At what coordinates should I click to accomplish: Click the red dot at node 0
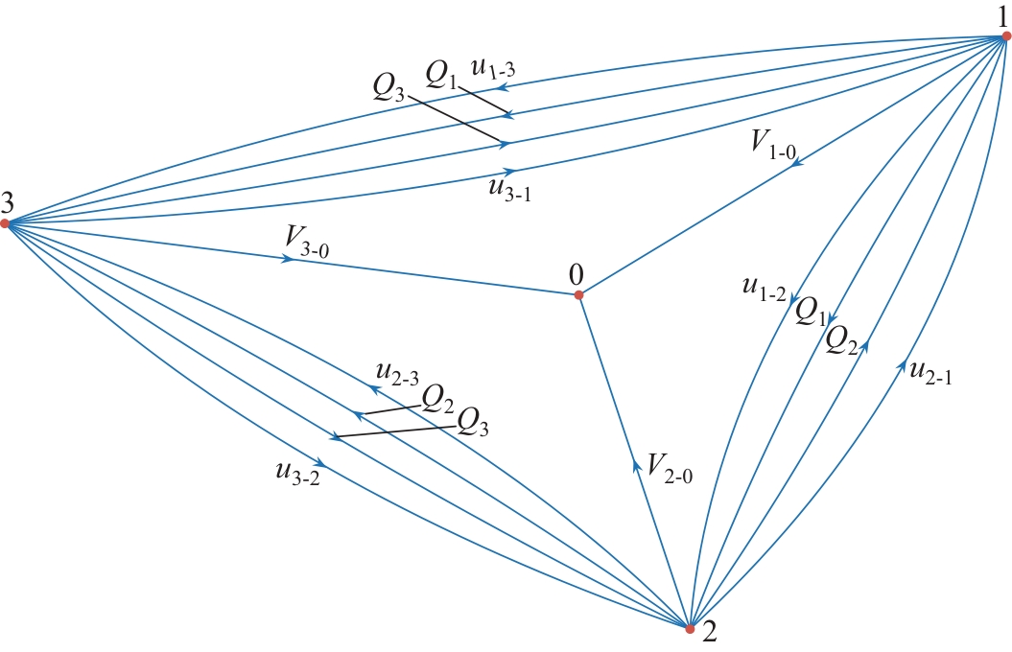pos(578,295)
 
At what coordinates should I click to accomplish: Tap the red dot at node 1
pos(1006,36)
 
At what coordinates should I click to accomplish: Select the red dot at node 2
pos(689,629)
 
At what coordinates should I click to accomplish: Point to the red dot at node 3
pos(5,223)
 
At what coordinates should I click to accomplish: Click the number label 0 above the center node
pos(577,274)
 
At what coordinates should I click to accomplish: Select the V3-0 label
pos(308,239)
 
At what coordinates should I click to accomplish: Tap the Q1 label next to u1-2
pos(812,314)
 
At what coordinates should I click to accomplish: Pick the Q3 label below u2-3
pos(473,421)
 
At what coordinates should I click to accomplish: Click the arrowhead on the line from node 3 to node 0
pos(286,259)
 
